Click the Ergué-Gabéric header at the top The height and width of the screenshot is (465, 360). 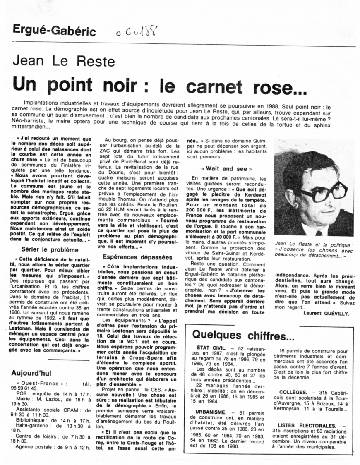tap(54, 31)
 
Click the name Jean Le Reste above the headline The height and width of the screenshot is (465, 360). tap(64, 61)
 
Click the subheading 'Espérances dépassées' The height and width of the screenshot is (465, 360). tap(132, 257)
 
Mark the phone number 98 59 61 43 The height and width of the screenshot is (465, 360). tap(25, 388)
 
